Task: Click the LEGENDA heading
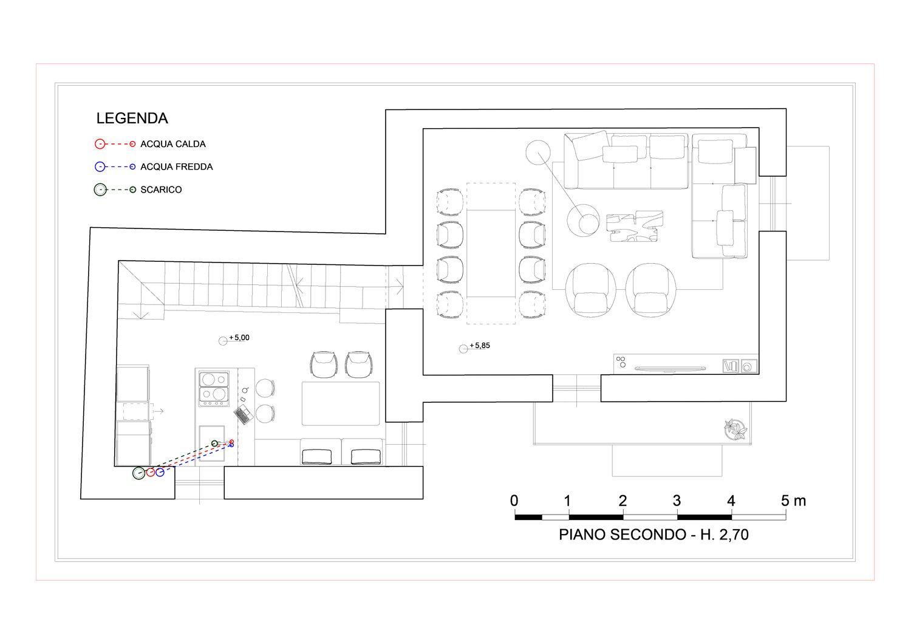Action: pyautogui.click(x=132, y=118)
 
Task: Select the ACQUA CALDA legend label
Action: pyautogui.click(x=173, y=144)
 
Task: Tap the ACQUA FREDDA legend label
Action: pyautogui.click(x=177, y=167)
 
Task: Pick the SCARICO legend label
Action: pyautogui.click(x=161, y=190)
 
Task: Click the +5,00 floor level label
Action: pyautogui.click(x=239, y=338)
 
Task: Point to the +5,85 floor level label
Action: pyautogui.click(x=480, y=346)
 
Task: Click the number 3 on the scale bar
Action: pyautogui.click(x=677, y=501)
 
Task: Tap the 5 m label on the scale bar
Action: pyautogui.click(x=793, y=501)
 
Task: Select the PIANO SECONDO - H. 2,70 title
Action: pyautogui.click(x=653, y=535)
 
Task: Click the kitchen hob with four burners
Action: pyautogui.click(x=214, y=389)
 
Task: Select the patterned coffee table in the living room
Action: pyautogui.click(x=635, y=226)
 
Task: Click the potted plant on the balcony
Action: pyautogui.click(x=735, y=430)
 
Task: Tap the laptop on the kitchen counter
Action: pyautogui.click(x=244, y=414)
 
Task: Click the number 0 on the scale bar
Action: pyautogui.click(x=514, y=501)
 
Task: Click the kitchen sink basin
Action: pyautogui.click(x=211, y=444)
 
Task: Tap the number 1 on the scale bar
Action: pyautogui.click(x=568, y=501)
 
